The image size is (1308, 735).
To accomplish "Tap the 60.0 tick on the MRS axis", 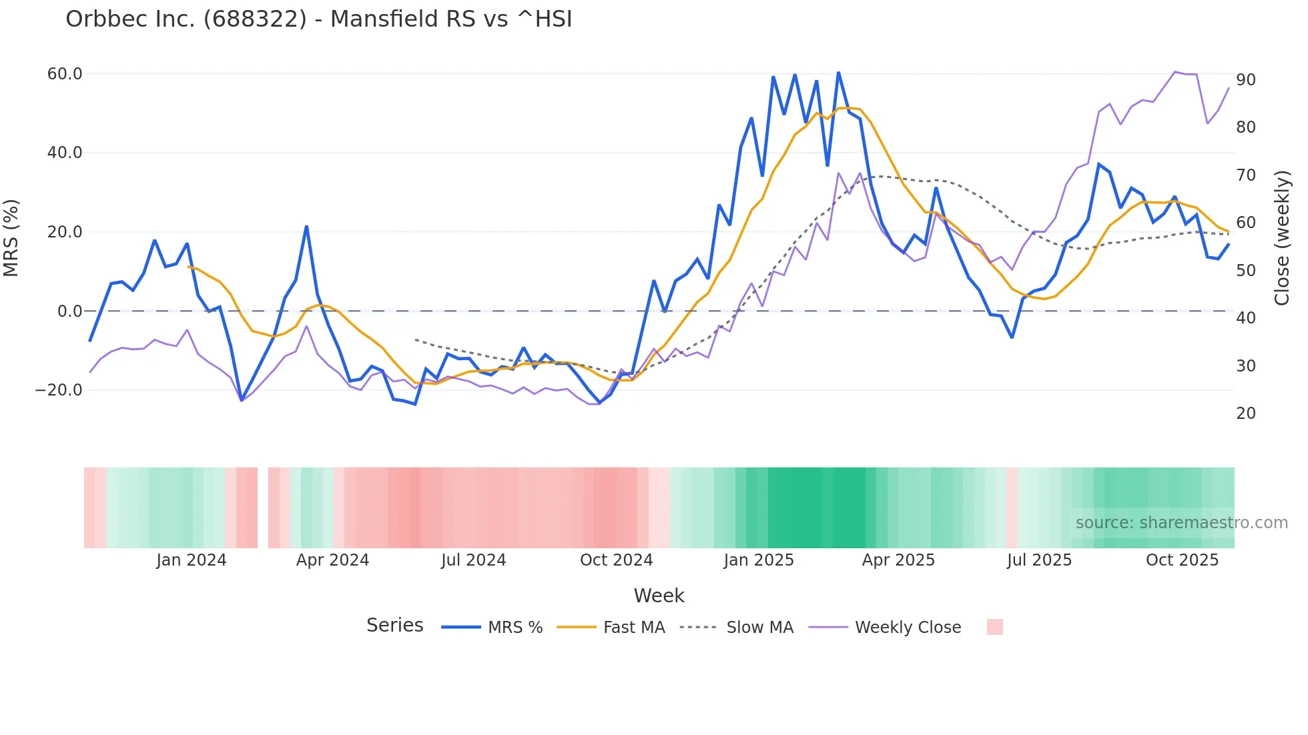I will pyautogui.click(x=65, y=74).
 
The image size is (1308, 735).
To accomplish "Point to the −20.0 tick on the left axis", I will pyautogui.click(x=59, y=390).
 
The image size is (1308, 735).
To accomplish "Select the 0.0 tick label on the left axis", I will pyautogui.click(x=69, y=311).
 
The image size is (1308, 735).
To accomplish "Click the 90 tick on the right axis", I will pyautogui.click(x=1245, y=80).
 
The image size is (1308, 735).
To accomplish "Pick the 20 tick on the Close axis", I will pyautogui.click(x=1245, y=414).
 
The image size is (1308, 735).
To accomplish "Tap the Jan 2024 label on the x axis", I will pyautogui.click(x=192, y=560).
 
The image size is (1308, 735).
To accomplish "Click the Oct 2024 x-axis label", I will pyautogui.click(x=616, y=560).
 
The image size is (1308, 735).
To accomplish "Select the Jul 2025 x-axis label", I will pyautogui.click(x=1039, y=560).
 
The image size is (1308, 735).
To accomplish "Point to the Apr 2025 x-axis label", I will pyautogui.click(x=898, y=560).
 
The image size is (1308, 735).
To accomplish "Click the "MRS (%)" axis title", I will pyautogui.click(x=11, y=238).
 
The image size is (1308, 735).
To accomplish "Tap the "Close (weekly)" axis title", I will pyautogui.click(x=1281, y=238).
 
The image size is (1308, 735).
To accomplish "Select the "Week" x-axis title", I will pyautogui.click(x=659, y=596).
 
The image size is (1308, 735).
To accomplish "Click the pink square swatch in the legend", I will pyautogui.click(x=994, y=627).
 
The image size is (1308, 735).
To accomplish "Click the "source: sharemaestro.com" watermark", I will pyautogui.click(x=1181, y=523).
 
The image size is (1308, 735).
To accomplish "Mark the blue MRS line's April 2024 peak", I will pyautogui.click(x=306, y=227).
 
